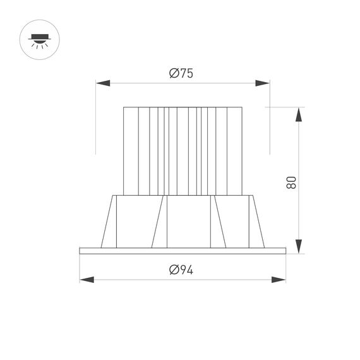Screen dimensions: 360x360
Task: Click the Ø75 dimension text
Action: click(x=181, y=73)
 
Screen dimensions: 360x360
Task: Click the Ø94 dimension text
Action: click(x=181, y=270)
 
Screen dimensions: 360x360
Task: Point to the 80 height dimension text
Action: click(x=291, y=183)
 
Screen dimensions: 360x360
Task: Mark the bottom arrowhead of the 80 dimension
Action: click(x=300, y=246)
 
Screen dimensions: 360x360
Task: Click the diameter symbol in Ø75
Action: click(x=173, y=73)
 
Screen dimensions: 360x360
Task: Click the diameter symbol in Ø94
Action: click(x=173, y=270)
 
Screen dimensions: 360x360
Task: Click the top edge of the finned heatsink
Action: click(x=183, y=107)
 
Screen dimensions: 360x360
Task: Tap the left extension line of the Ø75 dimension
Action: click(x=95, y=120)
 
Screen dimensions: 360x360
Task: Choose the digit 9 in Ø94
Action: click(x=182, y=270)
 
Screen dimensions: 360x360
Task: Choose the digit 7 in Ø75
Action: click(x=182, y=73)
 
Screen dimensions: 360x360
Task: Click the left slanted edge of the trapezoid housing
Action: click(x=107, y=221)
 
